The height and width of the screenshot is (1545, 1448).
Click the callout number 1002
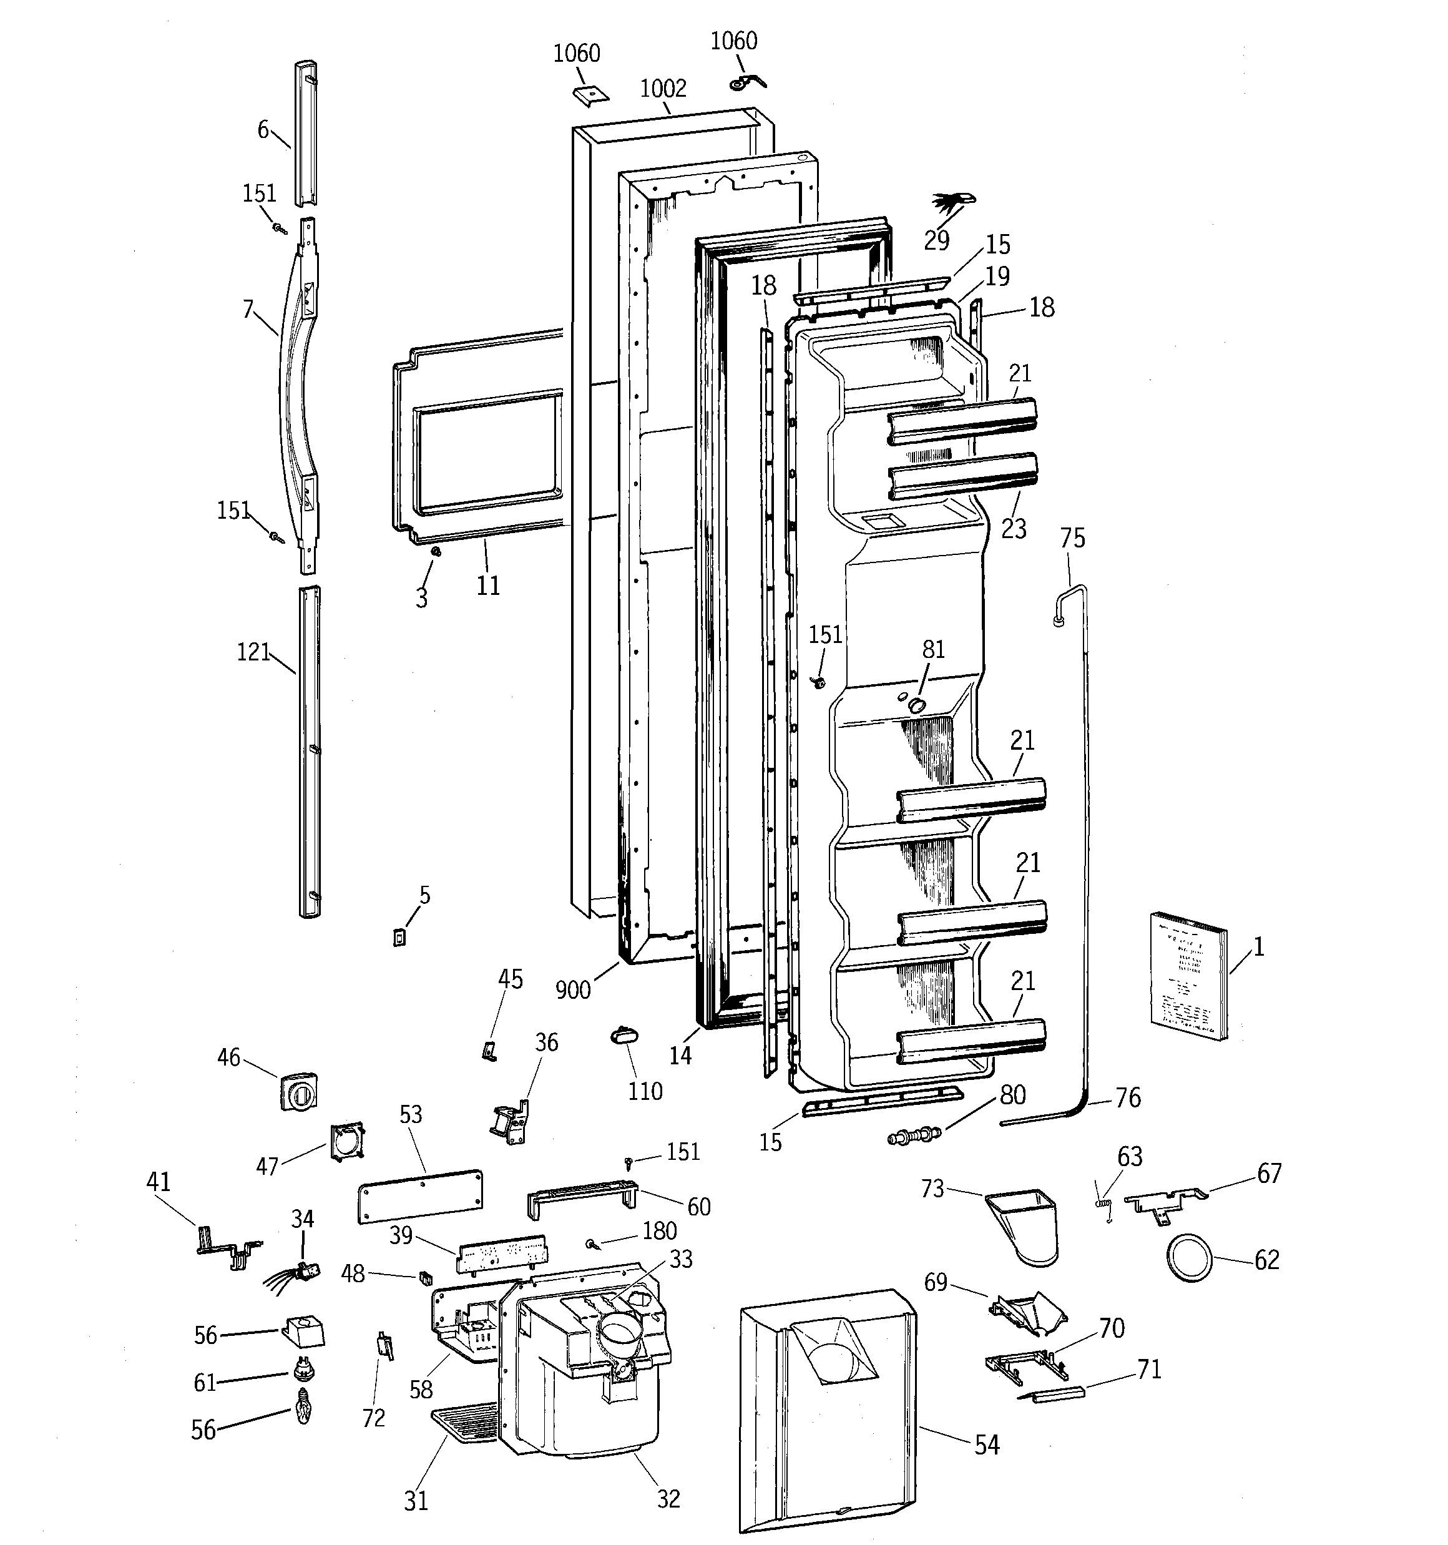663,89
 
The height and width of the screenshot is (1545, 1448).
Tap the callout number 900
573,989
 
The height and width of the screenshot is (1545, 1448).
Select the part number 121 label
253,652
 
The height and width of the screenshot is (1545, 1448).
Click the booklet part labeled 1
1188,975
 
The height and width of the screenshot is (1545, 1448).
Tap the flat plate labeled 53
419,1196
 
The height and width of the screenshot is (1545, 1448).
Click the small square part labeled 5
399,938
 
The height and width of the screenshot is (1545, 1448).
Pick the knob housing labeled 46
298,1091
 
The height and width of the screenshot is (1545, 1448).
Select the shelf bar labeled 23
963,476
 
